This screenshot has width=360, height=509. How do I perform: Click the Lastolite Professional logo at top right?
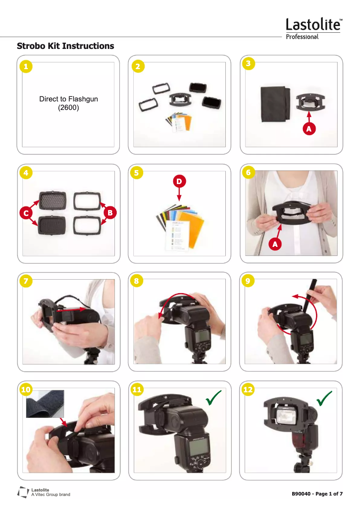[x=314, y=29]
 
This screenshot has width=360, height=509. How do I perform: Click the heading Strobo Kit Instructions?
[x=65, y=46]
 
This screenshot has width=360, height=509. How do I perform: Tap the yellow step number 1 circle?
[x=26, y=66]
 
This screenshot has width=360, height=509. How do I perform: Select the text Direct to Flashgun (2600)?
[x=68, y=103]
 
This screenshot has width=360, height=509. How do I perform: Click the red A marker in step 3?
[x=309, y=129]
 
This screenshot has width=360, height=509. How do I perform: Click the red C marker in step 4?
[x=26, y=212]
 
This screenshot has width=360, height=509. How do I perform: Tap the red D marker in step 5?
[x=179, y=181]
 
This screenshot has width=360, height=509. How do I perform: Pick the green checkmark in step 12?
[x=324, y=398]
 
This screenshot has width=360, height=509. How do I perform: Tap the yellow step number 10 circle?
[x=26, y=390]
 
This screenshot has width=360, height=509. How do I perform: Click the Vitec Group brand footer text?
[x=50, y=495]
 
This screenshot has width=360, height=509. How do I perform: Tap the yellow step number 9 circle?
[x=248, y=281]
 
